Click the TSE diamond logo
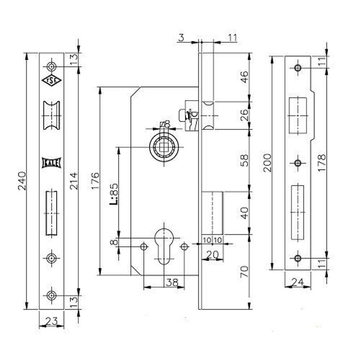(51, 81)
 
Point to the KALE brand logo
(52, 163)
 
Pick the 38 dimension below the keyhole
(172, 283)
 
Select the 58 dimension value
(244, 160)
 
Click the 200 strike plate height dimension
(267, 163)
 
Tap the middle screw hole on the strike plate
(297, 163)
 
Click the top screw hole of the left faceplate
(51, 66)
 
